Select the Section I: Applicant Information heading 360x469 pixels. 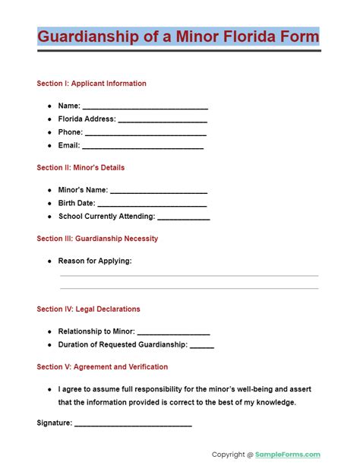[x=91, y=84]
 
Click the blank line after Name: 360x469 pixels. [x=144, y=106]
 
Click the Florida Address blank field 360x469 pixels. [x=163, y=119]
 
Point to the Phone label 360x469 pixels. [x=70, y=132]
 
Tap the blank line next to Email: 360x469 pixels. [x=142, y=145]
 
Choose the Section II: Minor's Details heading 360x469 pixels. [x=81, y=167]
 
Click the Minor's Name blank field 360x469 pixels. [x=159, y=191]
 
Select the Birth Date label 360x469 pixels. [x=76, y=204]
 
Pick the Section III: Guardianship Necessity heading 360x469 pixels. [x=97, y=239]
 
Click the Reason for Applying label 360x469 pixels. [x=95, y=261]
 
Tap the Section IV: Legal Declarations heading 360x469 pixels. [x=88, y=309]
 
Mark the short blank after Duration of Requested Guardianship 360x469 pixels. [x=201, y=345]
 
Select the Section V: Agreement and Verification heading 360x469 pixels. [x=102, y=367]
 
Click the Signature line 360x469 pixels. [x=133, y=423]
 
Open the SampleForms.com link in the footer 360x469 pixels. [x=289, y=455]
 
